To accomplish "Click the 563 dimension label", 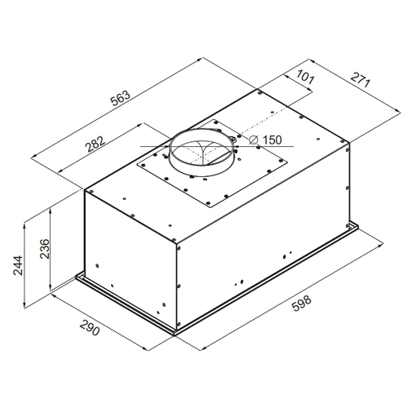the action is pos(121,99).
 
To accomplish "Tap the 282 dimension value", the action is pos(95,144).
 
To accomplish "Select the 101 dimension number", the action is pos(305,77).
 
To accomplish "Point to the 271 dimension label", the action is pos(360,80).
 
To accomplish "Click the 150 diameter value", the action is pos(273,140).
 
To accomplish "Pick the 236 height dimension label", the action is pos(44,249).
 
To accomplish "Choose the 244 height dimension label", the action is pos(18,265).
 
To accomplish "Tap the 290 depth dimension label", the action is pos(89,327).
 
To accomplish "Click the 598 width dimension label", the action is pos(301,304).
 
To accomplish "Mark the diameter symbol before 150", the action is pos(253,140).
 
